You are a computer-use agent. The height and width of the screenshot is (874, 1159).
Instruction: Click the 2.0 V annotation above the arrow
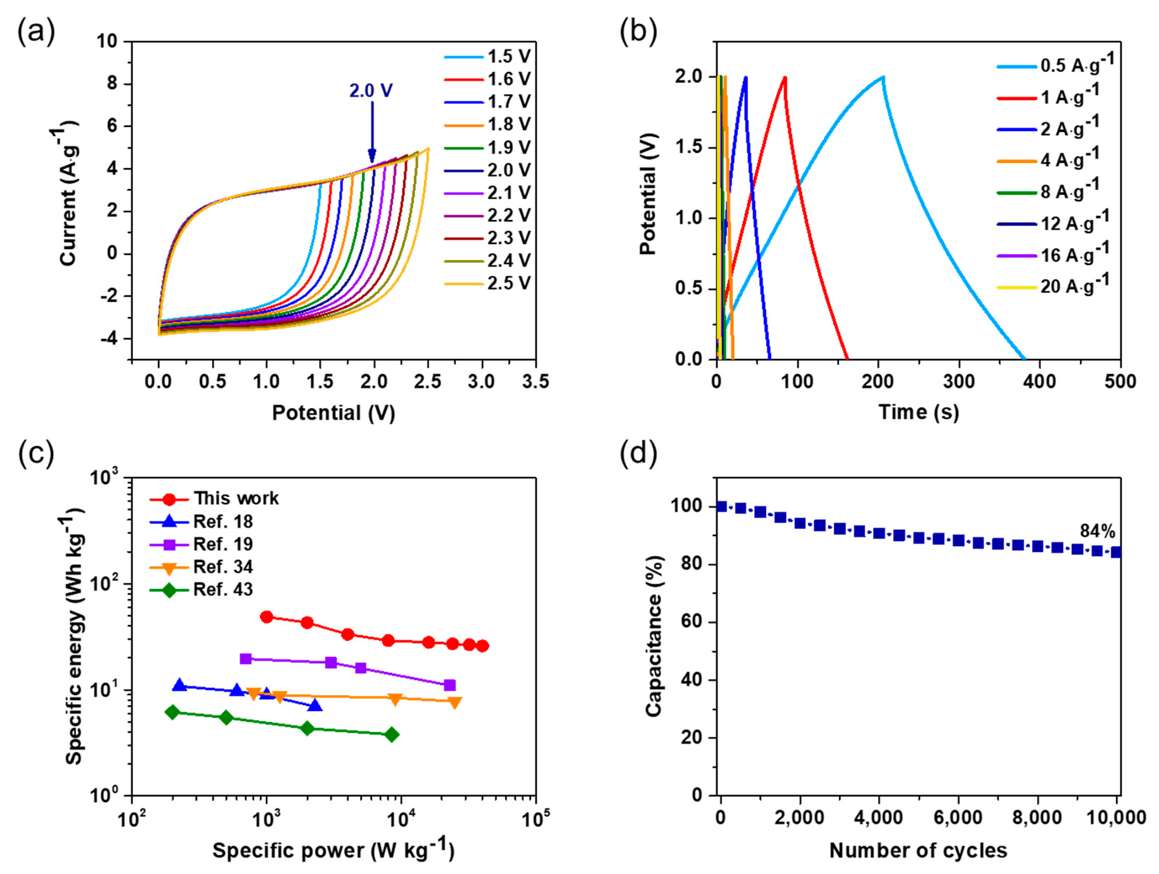pos(371,91)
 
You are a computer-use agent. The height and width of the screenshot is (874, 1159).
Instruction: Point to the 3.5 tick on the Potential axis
pos(535,381)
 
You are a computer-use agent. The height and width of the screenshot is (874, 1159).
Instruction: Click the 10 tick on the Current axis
pos(107,42)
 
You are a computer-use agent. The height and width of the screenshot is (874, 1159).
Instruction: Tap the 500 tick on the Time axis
pos(1120,381)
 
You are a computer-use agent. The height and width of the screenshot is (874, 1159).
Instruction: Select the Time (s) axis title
pos(919,412)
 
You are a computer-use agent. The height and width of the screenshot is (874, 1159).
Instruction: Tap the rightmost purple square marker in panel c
pos(449,685)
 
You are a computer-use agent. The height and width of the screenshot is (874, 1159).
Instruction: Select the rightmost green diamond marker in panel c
pos(392,734)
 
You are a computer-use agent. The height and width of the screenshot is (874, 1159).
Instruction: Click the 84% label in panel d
pos(1097,531)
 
